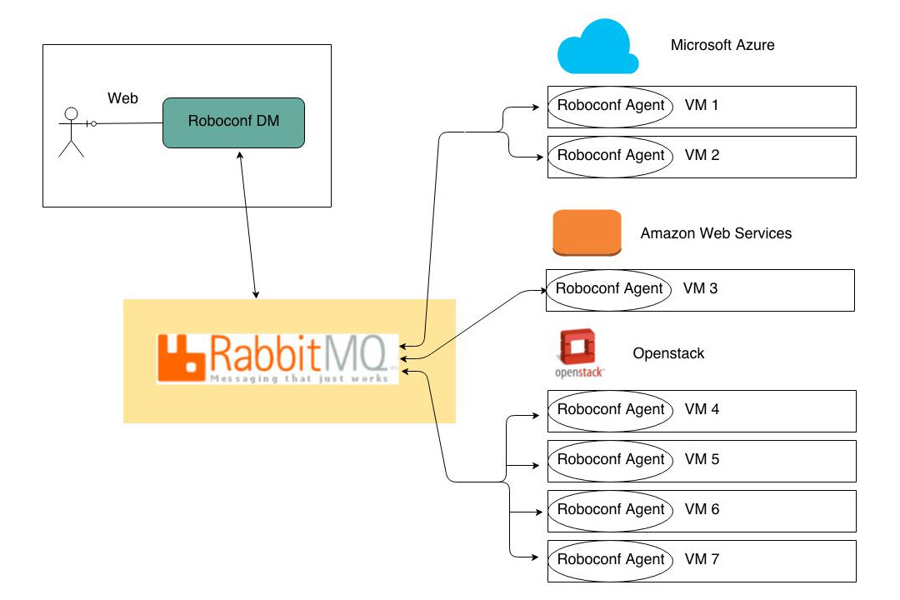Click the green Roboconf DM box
[x=233, y=122]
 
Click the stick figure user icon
[x=71, y=132]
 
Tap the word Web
[x=122, y=98]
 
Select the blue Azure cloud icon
[x=597, y=52]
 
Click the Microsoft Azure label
[x=722, y=45]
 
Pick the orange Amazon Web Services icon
[x=587, y=232]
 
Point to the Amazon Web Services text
[x=716, y=233]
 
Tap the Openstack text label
[x=668, y=353]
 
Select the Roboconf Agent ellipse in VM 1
[x=611, y=106]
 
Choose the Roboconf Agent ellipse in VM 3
[x=609, y=289]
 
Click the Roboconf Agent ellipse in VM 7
[x=611, y=560]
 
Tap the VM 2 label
[x=702, y=155]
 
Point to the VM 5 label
[x=702, y=459]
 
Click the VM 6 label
[x=702, y=509]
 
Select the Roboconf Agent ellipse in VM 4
[x=611, y=410]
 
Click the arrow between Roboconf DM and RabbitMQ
[x=247, y=225]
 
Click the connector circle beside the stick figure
[x=93, y=124]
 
